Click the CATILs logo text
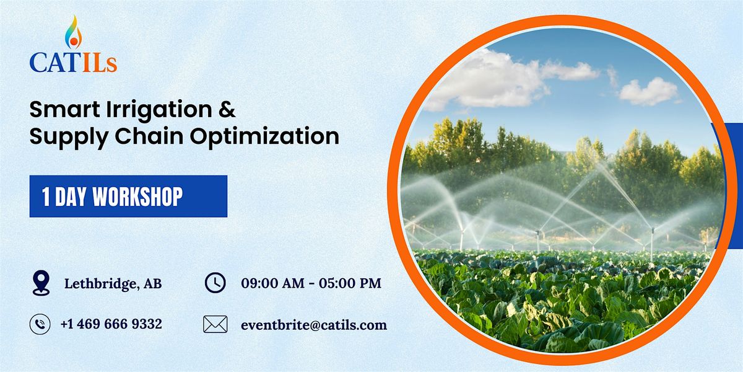click(73, 63)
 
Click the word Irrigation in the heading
click(147, 110)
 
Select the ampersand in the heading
click(228, 110)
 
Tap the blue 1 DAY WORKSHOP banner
click(128, 196)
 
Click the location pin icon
click(40, 283)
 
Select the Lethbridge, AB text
click(113, 284)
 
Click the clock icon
click(215, 283)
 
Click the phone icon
click(40, 324)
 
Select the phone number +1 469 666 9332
click(111, 324)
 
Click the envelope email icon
click(215, 324)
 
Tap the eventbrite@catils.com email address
click(314, 324)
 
